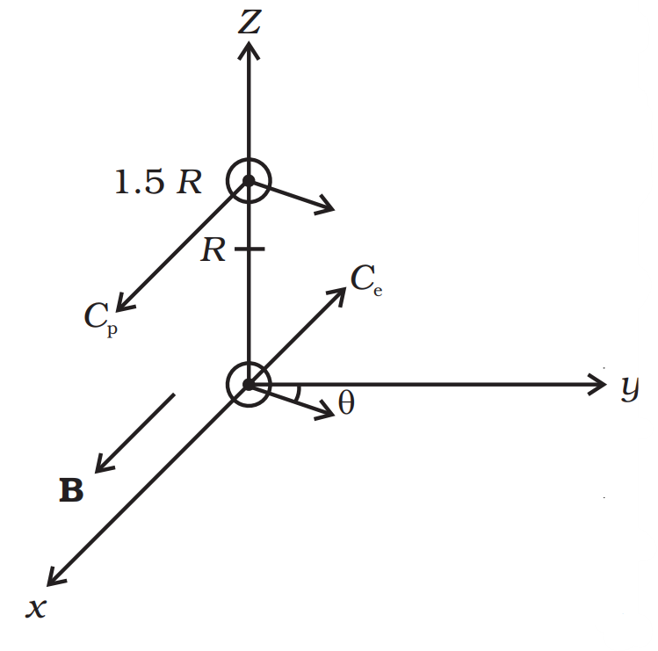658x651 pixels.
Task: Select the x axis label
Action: (x=36, y=607)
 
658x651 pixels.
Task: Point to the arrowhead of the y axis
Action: (x=597, y=384)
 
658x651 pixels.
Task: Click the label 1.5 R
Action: (x=158, y=183)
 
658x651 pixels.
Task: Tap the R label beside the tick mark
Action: (x=213, y=251)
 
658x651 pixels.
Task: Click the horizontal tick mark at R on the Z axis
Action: (x=249, y=250)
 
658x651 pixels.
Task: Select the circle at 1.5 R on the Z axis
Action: (x=249, y=181)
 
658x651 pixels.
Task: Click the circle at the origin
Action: (x=249, y=385)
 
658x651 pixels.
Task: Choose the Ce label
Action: (x=366, y=279)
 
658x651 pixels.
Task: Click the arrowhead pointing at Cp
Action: (x=124, y=303)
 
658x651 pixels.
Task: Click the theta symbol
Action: (x=346, y=404)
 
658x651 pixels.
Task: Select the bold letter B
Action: (x=71, y=491)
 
